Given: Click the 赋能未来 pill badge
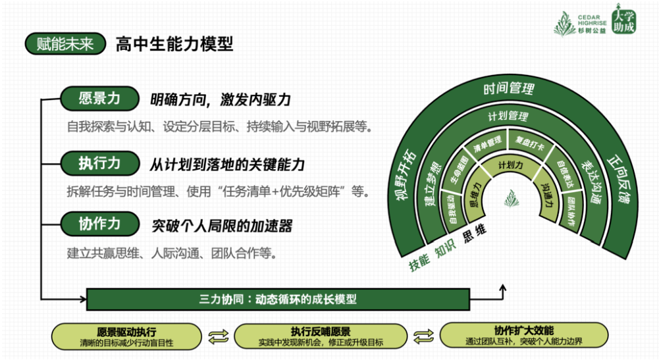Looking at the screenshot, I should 64,44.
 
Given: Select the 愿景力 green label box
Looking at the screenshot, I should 99,99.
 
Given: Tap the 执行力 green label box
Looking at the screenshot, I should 99,163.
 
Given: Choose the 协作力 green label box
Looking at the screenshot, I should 99,224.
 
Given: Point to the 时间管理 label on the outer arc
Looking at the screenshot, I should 508,88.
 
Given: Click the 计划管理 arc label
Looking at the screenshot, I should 508,116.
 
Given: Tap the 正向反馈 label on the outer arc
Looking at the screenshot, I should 617,181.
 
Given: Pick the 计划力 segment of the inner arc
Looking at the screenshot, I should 510,165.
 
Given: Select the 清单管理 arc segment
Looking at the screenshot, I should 488,142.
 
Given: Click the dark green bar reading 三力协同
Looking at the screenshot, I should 278,299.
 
